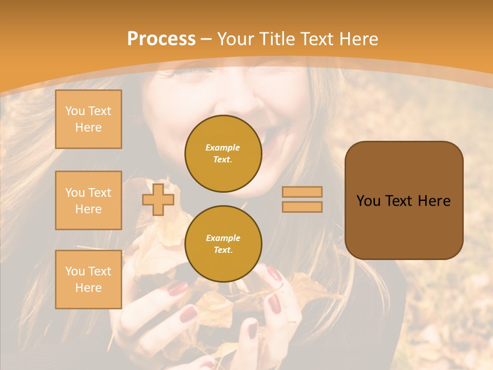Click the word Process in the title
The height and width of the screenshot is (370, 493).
pos(161,39)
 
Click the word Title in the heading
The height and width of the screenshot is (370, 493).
pos(276,39)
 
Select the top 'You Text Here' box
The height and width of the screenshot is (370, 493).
pos(88,119)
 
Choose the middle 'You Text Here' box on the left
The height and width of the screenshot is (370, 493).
pos(88,200)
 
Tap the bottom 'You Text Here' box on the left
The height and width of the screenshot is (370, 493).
pos(88,280)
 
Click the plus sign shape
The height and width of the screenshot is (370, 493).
pos(158,199)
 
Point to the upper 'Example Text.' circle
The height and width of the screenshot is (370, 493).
pos(223,153)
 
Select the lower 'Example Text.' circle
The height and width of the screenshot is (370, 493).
pos(223,244)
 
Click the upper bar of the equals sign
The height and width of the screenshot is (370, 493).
pos(302,192)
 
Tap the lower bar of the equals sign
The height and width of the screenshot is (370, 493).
pos(302,207)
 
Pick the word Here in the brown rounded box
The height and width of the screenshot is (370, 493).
pos(434,201)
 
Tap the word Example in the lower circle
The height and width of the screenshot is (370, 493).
pos(223,238)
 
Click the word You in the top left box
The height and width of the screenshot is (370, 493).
pos(75,111)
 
